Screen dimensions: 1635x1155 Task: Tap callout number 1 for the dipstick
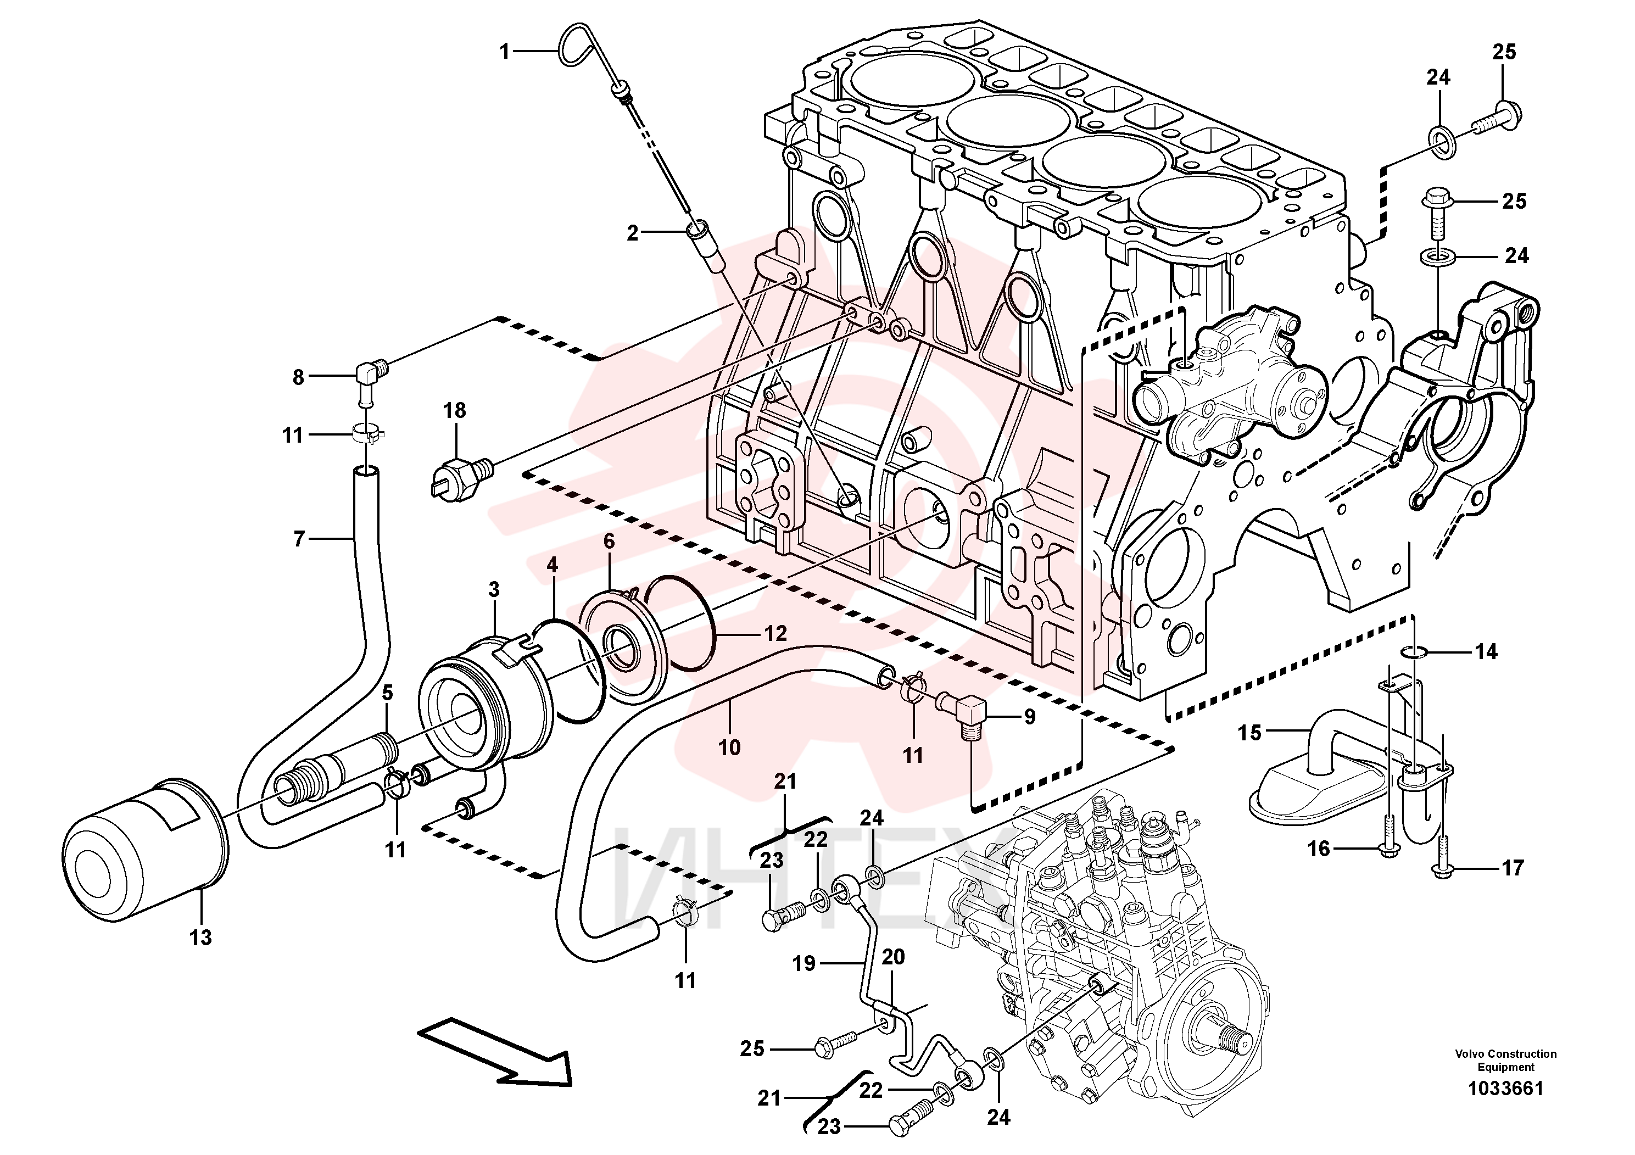click(x=505, y=51)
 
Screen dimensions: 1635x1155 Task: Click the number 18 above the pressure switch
click(x=454, y=410)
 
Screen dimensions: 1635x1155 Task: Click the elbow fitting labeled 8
click(x=370, y=377)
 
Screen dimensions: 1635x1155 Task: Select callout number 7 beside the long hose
click(x=299, y=538)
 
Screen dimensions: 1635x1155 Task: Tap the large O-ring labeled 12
click(x=683, y=627)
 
